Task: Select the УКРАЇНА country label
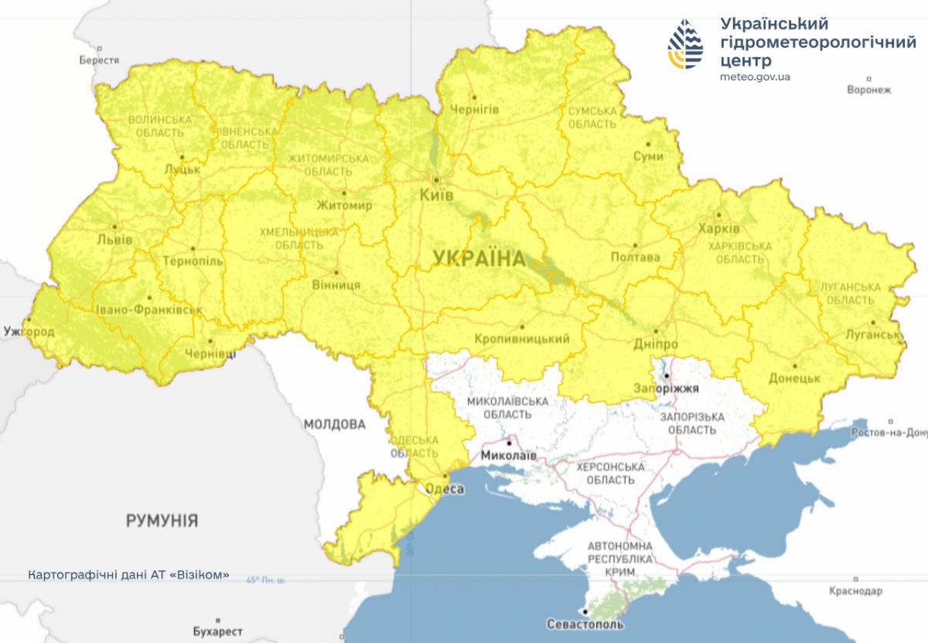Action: [479, 258]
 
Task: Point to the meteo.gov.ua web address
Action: [754, 77]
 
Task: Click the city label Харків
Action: [718, 229]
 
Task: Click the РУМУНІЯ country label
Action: [162, 521]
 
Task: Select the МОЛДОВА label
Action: [334, 424]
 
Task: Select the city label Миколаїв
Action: [508, 456]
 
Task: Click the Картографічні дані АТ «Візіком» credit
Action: [128, 576]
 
